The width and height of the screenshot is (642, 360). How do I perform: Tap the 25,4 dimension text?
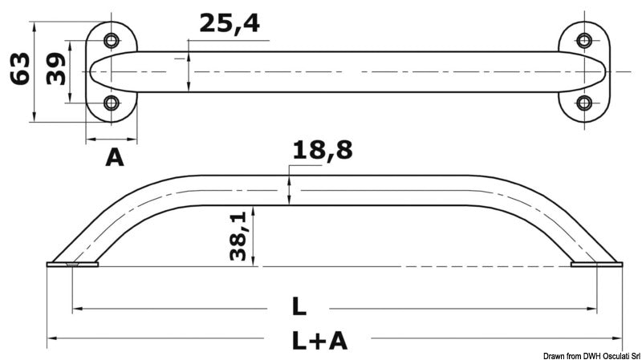click(x=230, y=24)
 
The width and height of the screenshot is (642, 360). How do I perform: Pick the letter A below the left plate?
click(x=115, y=158)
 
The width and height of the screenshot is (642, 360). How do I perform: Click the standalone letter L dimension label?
click(x=299, y=306)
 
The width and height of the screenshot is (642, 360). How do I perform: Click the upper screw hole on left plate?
click(x=112, y=40)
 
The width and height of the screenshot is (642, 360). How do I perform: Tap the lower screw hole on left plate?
click(x=112, y=103)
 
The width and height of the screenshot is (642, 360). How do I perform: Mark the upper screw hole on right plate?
click(x=584, y=40)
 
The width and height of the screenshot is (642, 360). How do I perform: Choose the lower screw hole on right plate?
click(x=584, y=103)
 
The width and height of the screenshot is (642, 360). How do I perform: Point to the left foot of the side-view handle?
click(x=72, y=263)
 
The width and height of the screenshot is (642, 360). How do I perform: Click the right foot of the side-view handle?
click(x=595, y=263)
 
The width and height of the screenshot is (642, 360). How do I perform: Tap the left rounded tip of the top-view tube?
click(x=94, y=71)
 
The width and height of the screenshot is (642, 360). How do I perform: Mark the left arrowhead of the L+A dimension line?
click(x=50, y=338)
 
